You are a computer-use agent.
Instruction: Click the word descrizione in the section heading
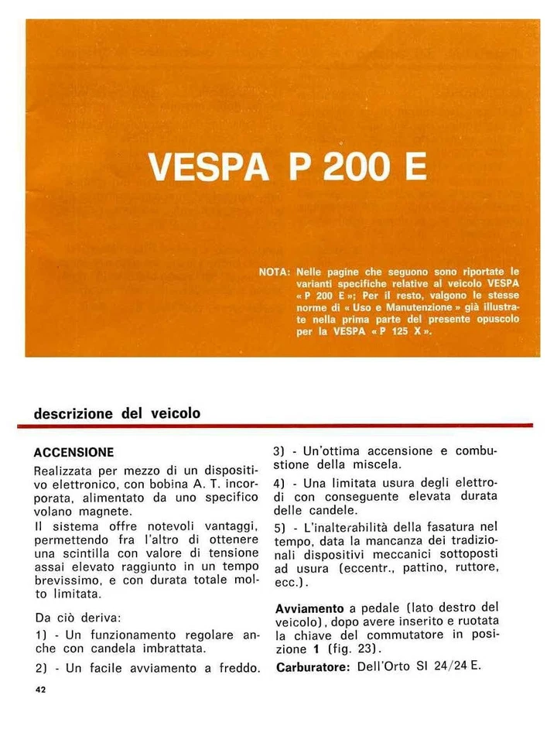(73, 413)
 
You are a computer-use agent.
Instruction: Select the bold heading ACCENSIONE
(74, 452)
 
